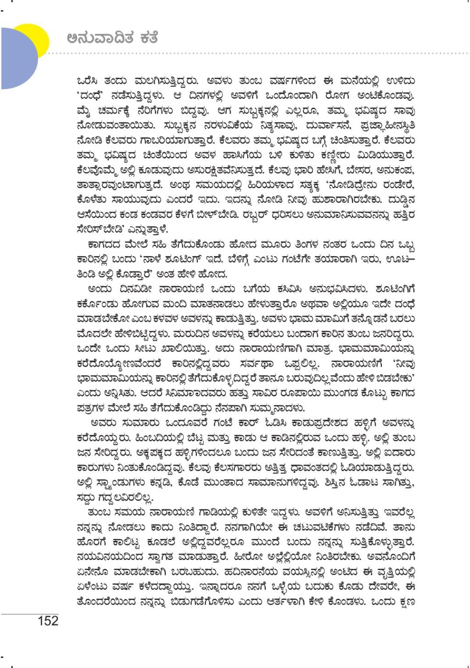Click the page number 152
tap(48, 621)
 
